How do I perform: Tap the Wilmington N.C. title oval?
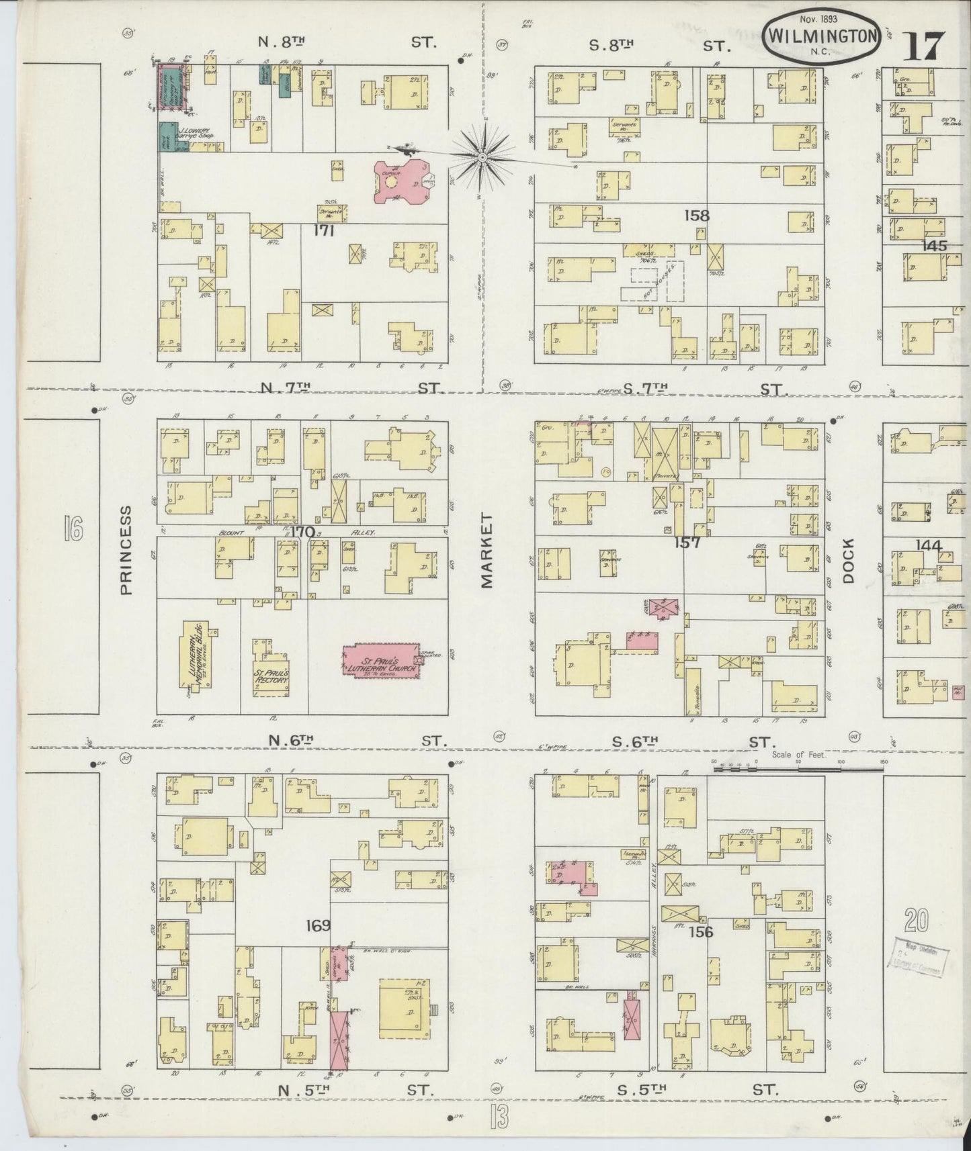822,37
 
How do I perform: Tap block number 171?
324,231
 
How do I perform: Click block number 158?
697,216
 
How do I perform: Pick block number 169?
317,925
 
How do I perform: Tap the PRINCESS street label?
128,551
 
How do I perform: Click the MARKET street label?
487,551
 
